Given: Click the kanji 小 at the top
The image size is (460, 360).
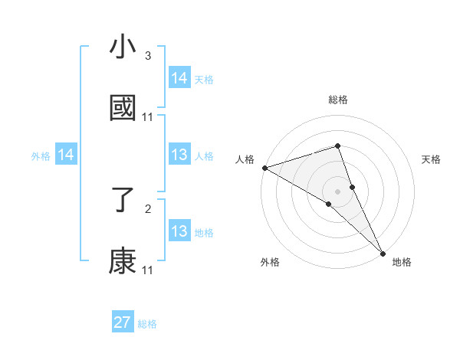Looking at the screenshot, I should click(x=123, y=47).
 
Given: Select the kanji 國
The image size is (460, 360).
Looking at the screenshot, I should click(x=123, y=108).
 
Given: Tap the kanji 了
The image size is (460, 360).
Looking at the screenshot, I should click(x=123, y=200).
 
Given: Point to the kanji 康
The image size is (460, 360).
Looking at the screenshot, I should click(x=123, y=261).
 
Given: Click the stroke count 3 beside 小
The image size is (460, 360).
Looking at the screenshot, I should click(x=148, y=56).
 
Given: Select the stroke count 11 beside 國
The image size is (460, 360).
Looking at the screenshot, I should click(x=148, y=117).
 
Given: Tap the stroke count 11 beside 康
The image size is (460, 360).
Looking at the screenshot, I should click(x=148, y=270).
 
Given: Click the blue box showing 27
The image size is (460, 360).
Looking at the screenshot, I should click(x=123, y=322).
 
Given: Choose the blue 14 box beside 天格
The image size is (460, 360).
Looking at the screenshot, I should click(x=179, y=78).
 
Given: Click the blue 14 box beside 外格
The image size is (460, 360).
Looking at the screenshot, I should click(x=66, y=155).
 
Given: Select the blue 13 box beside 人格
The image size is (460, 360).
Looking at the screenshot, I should click(x=179, y=155).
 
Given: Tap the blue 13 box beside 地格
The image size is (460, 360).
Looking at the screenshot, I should click(x=179, y=231).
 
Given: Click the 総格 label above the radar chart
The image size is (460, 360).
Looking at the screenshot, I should click(x=338, y=100).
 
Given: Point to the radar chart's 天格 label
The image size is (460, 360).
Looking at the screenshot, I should click(x=432, y=159).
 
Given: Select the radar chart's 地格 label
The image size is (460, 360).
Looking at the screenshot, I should click(x=402, y=263).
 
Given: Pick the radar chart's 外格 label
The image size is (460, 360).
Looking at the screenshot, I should click(x=270, y=263).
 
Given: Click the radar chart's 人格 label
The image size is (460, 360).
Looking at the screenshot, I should click(x=245, y=159).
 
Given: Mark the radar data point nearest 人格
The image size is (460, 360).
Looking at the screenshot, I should click(x=264, y=168).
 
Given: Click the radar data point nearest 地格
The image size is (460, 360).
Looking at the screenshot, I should click(x=383, y=251).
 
